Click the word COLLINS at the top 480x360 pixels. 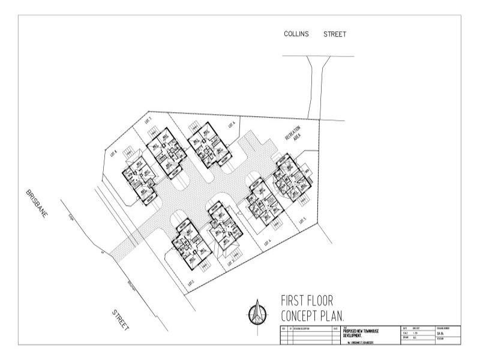[296, 34]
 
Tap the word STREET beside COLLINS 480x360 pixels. [335, 34]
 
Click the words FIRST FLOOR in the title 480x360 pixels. [307, 301]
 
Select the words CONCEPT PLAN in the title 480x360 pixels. [314, 315]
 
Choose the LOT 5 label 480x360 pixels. [303, 222]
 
